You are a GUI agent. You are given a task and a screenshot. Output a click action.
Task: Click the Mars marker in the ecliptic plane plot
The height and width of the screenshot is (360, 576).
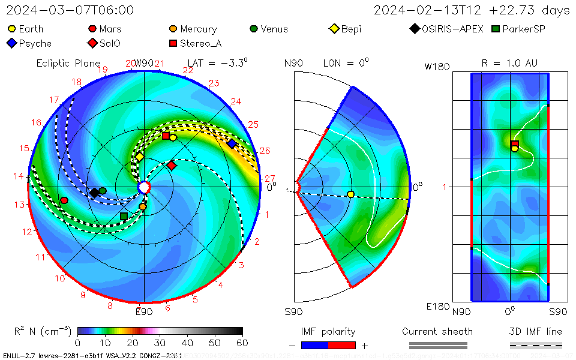click(x=64, y=200)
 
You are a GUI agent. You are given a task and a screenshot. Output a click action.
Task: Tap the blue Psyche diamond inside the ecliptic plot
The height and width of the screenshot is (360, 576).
click(x=232, y=143)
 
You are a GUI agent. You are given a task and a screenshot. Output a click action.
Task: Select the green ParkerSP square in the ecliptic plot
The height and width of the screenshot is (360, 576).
click(x=124, y=216)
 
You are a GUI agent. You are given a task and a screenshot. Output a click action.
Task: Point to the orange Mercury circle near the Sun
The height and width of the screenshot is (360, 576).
click(x=143, y=207)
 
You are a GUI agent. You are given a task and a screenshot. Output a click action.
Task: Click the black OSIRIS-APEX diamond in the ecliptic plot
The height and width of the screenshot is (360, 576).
click(x=94, y=193)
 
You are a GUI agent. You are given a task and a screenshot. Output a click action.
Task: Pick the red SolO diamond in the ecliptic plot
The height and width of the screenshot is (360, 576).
click(x=172, y=165)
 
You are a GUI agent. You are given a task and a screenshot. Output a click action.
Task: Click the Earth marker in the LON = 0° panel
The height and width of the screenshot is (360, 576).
click(x=351, y=194)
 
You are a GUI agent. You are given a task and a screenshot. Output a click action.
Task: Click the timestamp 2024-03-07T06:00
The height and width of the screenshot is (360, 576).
click(x=70, y=10)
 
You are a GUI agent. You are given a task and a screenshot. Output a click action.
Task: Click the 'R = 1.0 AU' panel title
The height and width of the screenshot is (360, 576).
click(x=509, y=63)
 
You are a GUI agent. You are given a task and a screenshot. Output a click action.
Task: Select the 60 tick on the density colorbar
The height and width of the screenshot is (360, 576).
click(x=242, y=343)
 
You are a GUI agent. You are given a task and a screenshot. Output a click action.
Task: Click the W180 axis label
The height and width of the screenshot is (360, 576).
click(x=437, y=67)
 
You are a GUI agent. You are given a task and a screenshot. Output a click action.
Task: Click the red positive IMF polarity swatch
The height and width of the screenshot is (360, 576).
click(x=342, y=345)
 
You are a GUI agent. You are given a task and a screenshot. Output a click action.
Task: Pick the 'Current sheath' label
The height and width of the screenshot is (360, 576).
click(x=437, y=331)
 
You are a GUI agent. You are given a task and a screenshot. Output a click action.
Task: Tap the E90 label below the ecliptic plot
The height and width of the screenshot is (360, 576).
click(x=144, y=311)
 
